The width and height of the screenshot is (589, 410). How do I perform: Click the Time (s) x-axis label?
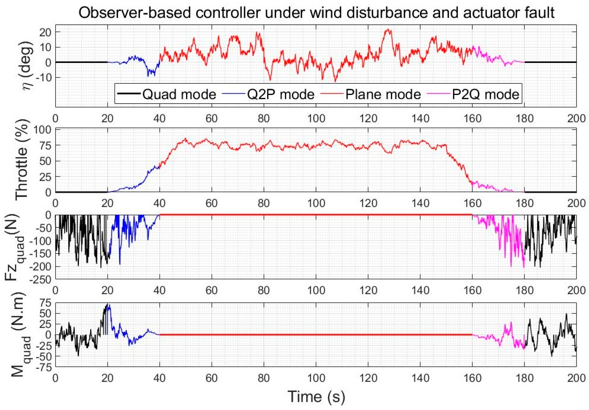click(x=316, y=396)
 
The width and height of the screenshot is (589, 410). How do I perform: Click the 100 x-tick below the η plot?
click(x=316, y=119)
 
